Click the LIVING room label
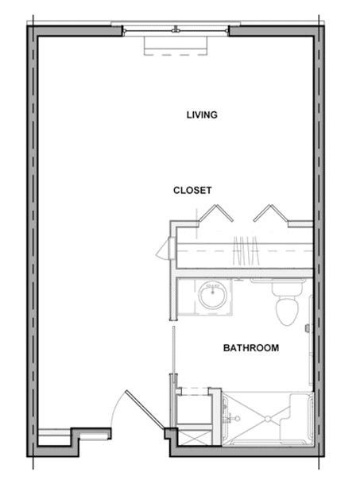202,114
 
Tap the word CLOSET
192,190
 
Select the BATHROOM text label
251,348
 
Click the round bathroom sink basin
213,296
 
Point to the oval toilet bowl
288,312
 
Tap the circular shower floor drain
267,419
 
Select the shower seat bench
296,417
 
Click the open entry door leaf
145,409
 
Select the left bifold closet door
216,213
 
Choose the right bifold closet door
271,213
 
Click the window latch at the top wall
176,29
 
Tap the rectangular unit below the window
175,46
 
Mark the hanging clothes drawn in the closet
246,251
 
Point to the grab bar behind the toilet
277,281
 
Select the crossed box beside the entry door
195,439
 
